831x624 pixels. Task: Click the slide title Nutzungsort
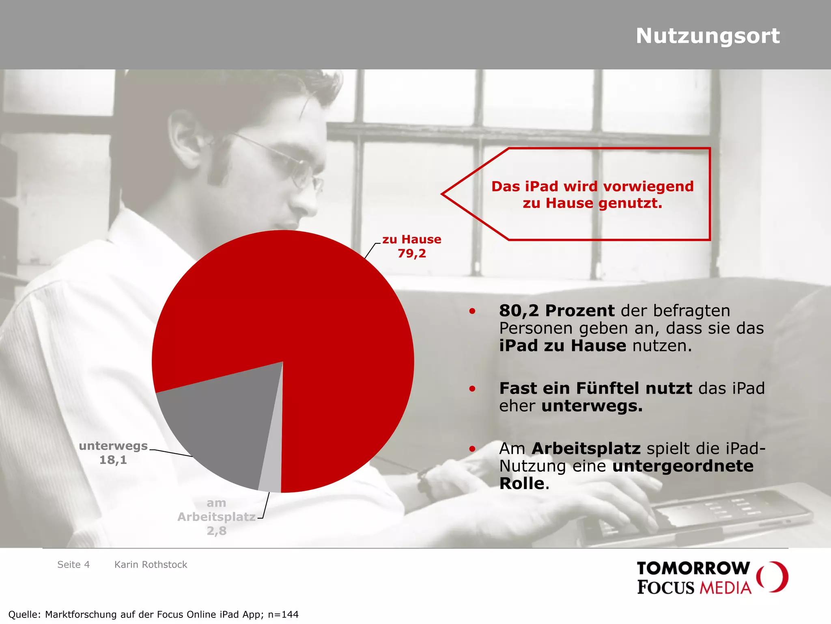pyautogui.click(x=707, y=36)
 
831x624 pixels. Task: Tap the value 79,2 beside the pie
pyautogui.click(x=411, y=253)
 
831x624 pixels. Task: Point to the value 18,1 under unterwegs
pyautogui.click(x=113, y=460)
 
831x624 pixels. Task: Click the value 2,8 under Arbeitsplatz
pyautogui.click(x=216, y=531)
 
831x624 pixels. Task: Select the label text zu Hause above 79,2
pyautogui.click(x=411, y=239)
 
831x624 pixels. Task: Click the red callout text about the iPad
pyautogui.click(x=592, y=195)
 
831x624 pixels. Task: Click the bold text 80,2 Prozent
pyautogui.click(x=557, y=311)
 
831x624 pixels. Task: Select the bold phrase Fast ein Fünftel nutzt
pyautogui.click(x=595, y=388)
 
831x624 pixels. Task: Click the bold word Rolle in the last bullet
pyautogui.click(x=521, y=483)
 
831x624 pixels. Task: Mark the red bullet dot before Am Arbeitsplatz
pyautogui.click(x=472, y=449)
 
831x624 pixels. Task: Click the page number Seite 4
pyautogui.click(x=73, y=565)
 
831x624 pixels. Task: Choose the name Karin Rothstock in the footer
pyautogui.click(x=151, y=565)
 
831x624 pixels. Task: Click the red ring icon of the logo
pyautogui.click(x=773, y=576)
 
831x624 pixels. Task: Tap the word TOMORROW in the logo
pyautogui.click(x=693, y=568)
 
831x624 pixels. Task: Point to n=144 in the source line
pyautogui.click(x=283, y=615)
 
